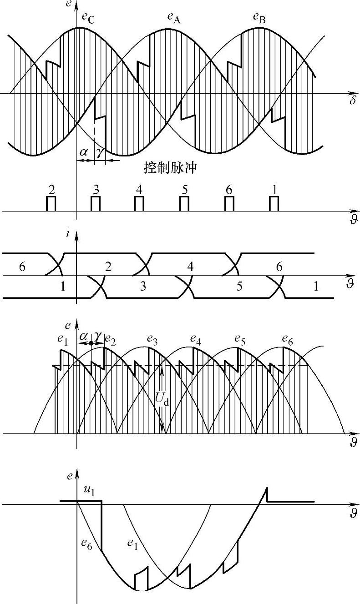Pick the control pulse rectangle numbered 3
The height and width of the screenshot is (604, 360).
pos(95,204)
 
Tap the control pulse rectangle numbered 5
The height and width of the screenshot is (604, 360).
pos(184,204)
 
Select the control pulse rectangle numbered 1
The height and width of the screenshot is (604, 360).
pos(274,204)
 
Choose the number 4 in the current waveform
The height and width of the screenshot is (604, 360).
pos(190,267)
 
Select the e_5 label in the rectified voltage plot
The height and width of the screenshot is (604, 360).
pos(239,339)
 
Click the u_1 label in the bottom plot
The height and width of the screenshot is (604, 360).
pos(88,490)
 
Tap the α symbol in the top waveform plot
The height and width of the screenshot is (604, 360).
pos(84,152)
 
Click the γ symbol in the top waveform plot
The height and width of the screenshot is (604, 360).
pos(100,152)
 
